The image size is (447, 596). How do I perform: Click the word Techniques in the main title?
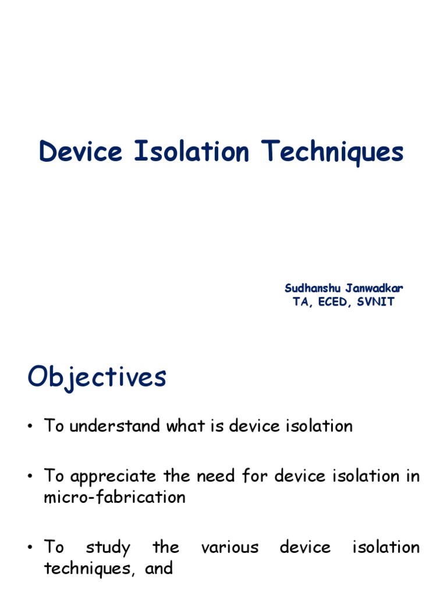[x=332, y=153]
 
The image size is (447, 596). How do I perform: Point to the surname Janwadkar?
[x=375, y=288]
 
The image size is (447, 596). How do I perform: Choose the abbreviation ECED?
[x=331, y=302]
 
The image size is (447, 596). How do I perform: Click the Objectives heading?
[x=97, y=377]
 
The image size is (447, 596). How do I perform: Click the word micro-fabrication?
[x=115, y=498]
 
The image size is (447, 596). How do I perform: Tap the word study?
[x=108, y=548]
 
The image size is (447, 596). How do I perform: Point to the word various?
[x=229, y=547]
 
